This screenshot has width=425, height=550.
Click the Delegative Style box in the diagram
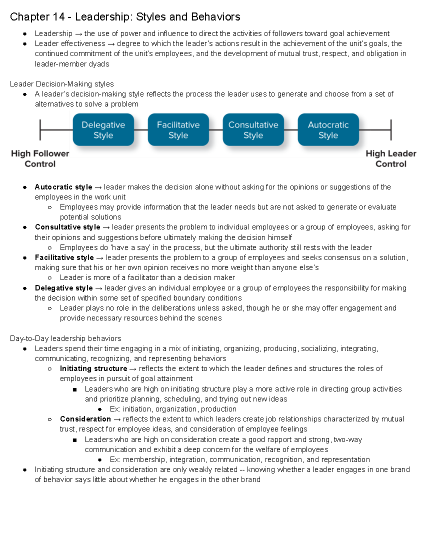click(103, 130)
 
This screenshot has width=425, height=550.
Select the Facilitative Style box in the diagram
click(178, 130)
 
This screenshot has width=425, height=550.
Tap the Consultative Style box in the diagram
click(253, 130)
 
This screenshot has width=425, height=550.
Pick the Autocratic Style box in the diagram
click(328, 130)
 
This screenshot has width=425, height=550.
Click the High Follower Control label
click(40, 159)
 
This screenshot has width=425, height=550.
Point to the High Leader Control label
click(391, 159)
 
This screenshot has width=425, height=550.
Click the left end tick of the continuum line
click(40, 130)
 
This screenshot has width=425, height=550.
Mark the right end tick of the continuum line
click(391, 130)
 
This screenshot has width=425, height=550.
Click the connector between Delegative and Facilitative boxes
click(141, 130)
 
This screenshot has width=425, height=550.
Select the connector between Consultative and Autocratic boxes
click(291, 130)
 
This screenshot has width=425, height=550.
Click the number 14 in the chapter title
click(58, 17)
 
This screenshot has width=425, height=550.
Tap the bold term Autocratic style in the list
click(63, 187)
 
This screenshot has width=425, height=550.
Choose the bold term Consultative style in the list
click(67, 227)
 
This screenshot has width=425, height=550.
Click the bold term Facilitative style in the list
click(64, 257)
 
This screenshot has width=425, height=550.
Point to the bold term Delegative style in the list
click(64, 288)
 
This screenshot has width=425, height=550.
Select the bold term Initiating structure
click(93, 369)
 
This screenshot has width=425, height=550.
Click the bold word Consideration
click(85, 419)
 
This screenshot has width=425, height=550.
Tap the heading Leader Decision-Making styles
click(62, 84)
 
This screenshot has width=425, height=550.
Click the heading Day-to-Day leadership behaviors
click(66, 338)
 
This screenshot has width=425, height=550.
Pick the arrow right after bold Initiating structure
click(133, 369)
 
